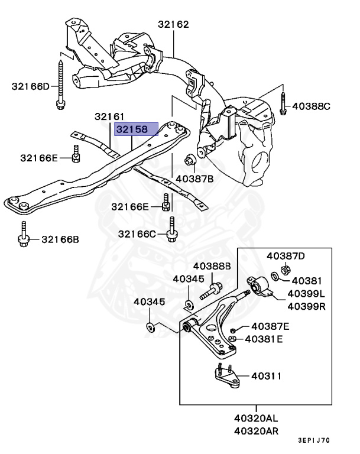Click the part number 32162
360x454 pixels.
pos(173,24)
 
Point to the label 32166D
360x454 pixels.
pos(31,86)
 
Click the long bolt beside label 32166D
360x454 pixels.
pos(60,83)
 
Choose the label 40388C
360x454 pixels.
pos(312,106)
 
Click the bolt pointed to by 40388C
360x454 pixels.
pos(283,103)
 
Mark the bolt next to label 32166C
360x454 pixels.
pos(171,229)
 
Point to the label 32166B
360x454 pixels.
pos(60,239)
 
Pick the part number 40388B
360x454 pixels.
pos(212,266)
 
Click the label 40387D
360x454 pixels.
pos(286,256)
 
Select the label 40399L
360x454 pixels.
pos(306,294)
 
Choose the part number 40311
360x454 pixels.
pos(266,375)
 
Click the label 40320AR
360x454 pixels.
pos(257,431)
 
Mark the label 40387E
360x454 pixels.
pos(270,326)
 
